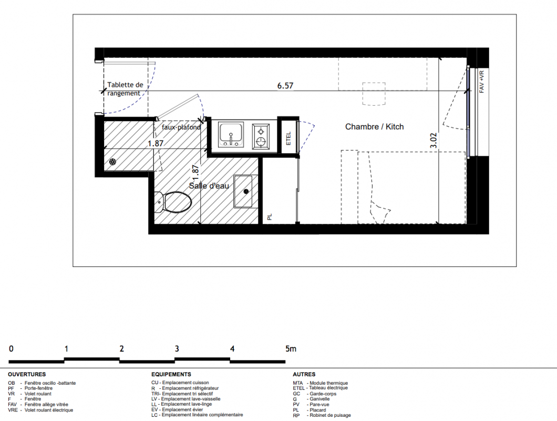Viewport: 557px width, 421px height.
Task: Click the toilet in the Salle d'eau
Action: coord(173,202)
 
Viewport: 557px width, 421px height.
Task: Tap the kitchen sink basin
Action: coord(231,135)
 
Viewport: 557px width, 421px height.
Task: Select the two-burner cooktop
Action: coord(261,136)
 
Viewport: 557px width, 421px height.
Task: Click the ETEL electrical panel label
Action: coord(288,138)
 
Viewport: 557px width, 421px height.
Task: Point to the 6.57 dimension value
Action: coord(285,86)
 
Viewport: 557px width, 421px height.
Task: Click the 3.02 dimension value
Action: coord(434,141)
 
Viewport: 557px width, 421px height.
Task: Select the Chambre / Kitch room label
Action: coord(375,127)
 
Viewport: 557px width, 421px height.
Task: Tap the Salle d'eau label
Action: coord(209,186)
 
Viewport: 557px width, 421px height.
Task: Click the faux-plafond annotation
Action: coord(181,127)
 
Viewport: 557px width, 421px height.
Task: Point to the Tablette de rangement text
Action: coord(125,89)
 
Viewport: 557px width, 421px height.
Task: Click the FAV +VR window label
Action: coord(482,82)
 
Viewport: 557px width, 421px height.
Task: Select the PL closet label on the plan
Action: coord(269,217)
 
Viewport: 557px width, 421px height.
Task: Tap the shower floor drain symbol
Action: coord(112,162)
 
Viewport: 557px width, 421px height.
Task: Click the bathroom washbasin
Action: coord(243,192)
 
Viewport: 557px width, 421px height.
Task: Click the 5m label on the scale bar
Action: coord(291,349)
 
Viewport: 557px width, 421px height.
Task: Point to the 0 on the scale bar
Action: coord(11,349)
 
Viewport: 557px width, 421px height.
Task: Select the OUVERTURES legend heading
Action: coord(27,374)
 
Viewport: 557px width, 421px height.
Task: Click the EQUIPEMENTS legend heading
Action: coord(171,374)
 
